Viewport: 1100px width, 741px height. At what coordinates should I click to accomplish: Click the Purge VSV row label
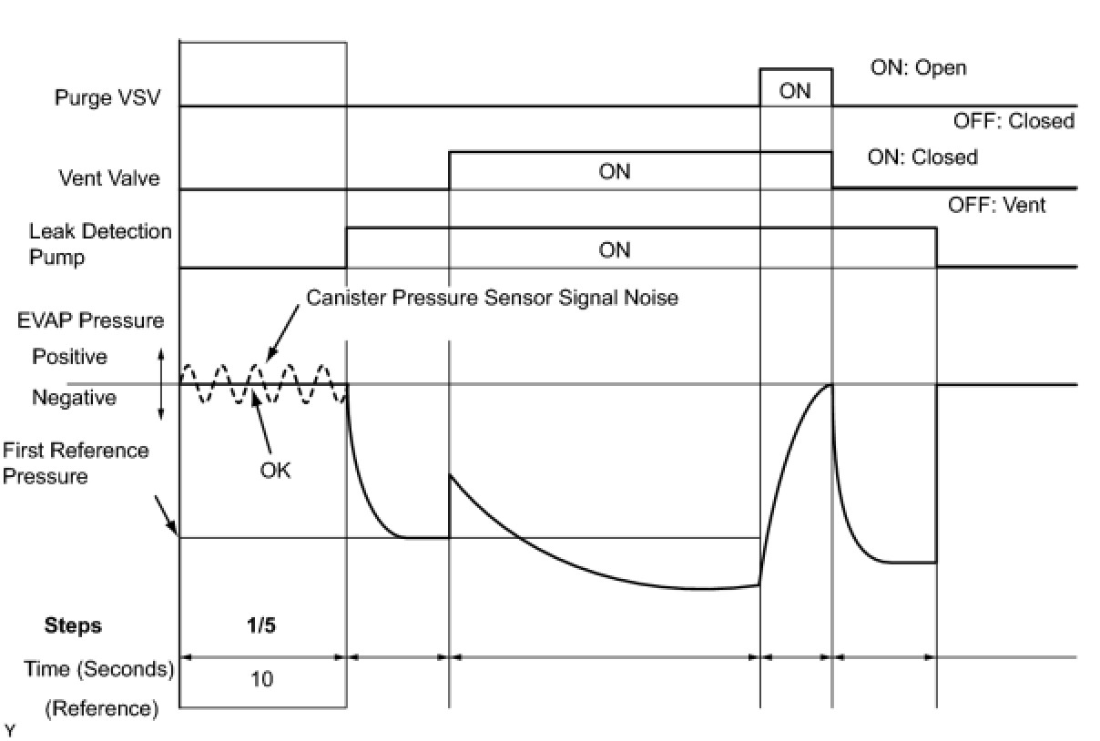pyautogui.click(x=107, y=97)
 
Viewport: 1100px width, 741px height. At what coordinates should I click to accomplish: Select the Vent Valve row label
pyautogui.click(x=108, y=178)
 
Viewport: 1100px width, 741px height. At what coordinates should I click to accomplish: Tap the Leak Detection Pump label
pyautogui.click(x=100, y=244)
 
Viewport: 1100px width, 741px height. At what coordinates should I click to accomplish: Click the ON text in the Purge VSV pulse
pyautogui.click(x=795, y=91)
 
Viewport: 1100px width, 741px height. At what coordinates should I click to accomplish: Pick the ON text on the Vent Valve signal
pyautogui.click(x=615, y=172)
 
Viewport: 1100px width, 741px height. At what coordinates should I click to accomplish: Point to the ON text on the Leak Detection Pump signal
pyautogui.click(x=615, y=250)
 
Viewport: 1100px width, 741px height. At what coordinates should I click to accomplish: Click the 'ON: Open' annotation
pyautogui.click(x=918, y=68)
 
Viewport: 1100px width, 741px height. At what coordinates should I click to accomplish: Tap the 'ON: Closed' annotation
pyautogui.click(x=922, y=157)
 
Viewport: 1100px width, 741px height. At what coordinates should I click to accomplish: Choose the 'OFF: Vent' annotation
pyautogui.click(x=997, y=205)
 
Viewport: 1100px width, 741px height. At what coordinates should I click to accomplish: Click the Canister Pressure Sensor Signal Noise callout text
pyautogui.click(x=492, y=298)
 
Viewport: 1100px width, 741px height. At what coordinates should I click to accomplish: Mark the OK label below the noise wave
pyautogui.click(x=275, y=472)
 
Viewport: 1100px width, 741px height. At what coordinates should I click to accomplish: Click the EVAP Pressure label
pyautogui.click(x=90, y=320)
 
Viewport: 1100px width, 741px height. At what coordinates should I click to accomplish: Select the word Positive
pyautogui.click(x=70, y=357)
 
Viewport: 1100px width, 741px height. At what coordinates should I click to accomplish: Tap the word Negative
pyautogui.click(x=74, y=398)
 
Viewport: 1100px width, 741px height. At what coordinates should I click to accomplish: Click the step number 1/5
pyautogui.click(x=261, y=625)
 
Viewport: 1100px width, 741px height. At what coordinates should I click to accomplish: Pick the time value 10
pyautogui.click(x=261, y=678)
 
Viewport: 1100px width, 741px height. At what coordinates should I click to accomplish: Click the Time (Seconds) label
pyautogui.click(x=99, y=669)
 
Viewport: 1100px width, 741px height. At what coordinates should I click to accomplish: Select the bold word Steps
pyautogui.click(x=73, y=625)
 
